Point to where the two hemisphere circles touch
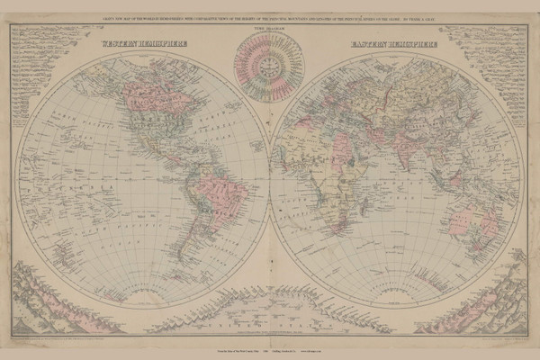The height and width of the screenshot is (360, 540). pos(269,171)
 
